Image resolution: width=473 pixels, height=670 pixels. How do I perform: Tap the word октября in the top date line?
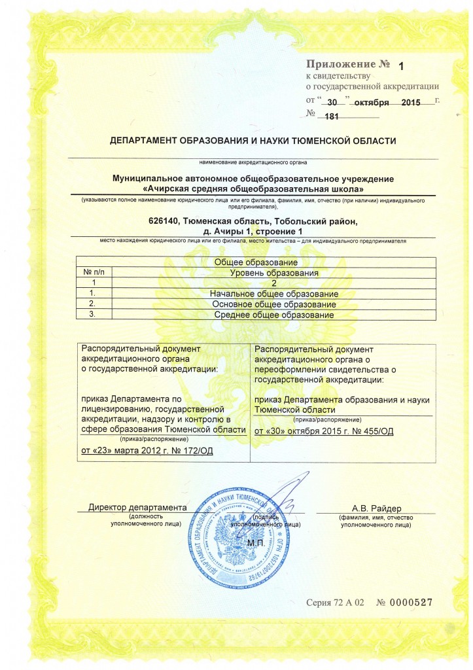[x=372, y=103]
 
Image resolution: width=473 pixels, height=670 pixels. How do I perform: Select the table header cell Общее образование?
[x=256, y=262]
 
